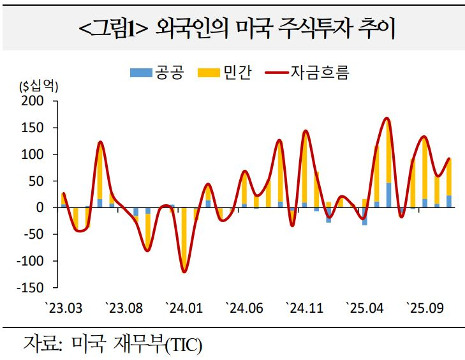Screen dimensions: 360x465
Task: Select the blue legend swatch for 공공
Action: click(137, 72)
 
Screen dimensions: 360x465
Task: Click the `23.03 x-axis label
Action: click(64, 308)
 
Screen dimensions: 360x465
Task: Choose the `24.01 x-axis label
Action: click(184, 308)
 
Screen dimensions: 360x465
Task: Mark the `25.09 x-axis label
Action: click(425, 308)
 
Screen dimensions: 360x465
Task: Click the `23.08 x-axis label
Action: click(124, 308)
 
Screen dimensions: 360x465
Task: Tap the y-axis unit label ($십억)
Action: click(38, 87)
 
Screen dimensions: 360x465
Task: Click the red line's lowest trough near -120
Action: click(184, 272)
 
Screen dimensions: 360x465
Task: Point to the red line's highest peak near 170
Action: click(387, 119)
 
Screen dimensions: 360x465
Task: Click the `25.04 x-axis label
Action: click(365, 308)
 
